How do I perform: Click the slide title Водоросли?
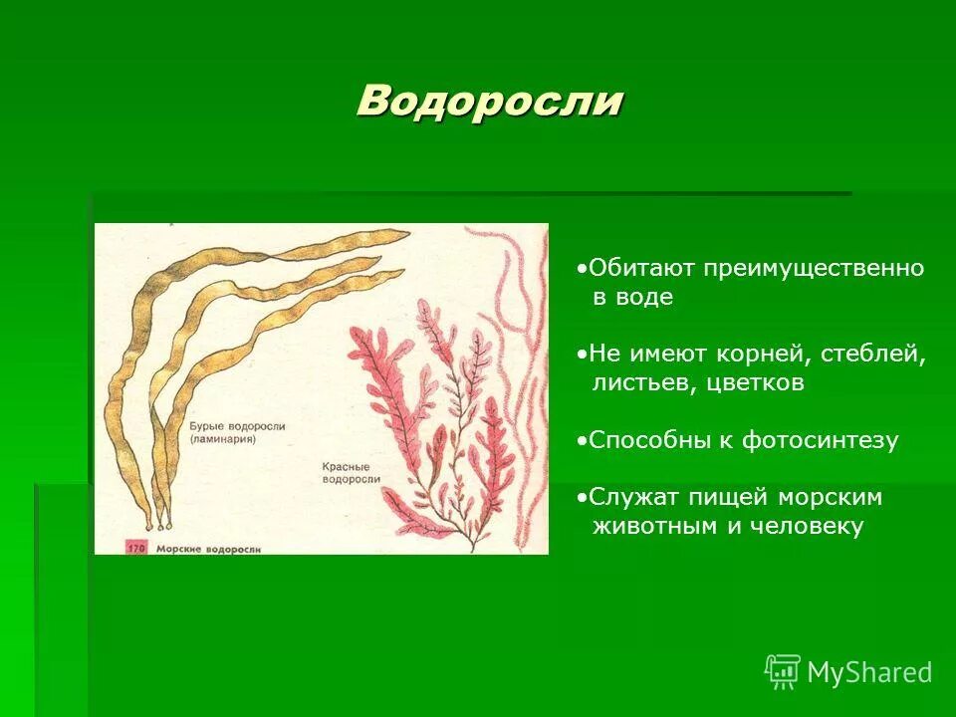490,101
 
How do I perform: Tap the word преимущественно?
816,268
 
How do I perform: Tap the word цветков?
756,382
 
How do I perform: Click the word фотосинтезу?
819,440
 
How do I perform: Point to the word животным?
654,526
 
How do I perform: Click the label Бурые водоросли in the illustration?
237,425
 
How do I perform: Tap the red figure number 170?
135,547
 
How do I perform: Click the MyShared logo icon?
783,671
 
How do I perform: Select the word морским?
833,497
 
